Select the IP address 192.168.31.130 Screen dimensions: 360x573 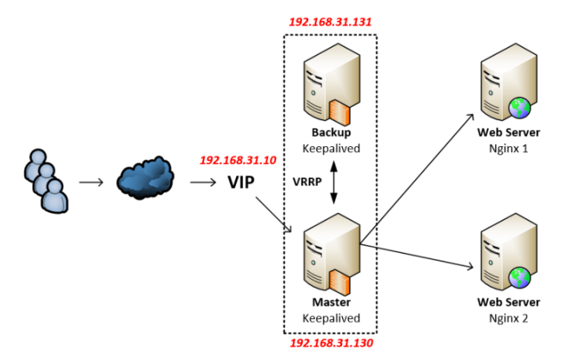point(330,344)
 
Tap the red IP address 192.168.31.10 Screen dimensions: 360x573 point(238,160)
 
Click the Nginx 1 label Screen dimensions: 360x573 point(508,148)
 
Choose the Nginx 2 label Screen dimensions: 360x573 point(508,318)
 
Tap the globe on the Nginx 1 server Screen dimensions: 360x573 point(519,109)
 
